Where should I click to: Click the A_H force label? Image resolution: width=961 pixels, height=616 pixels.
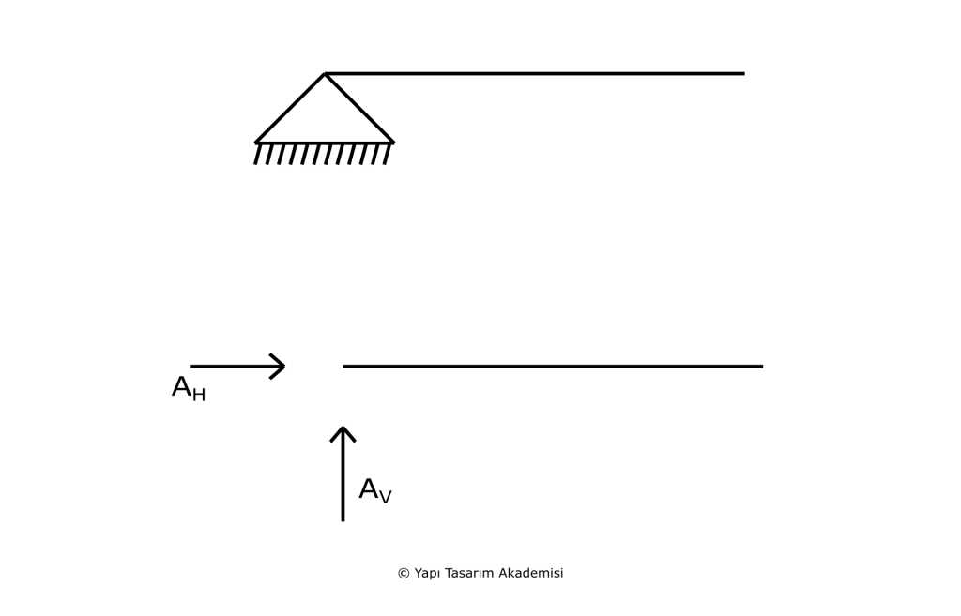pyautogui.click(x=189, y=389)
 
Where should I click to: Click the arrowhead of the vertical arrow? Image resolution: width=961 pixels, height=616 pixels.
pyautogui.click(x=343, y=428)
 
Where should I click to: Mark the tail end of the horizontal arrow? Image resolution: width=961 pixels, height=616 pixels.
pyautogui.click(x=191, y=367)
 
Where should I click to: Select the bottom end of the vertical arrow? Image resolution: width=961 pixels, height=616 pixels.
pyautogui.click(x=343, y=521)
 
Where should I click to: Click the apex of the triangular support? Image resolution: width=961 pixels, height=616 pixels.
pyautogui.click(x=324, y=74)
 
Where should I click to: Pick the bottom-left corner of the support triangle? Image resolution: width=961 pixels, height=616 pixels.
pyautogui.click(x=255, y=143)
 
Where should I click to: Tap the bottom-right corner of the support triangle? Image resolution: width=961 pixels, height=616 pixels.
pyautogui.click(x=393, y=143)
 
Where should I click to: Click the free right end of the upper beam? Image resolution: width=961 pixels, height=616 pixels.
pyautogui.click(x=744, y=73)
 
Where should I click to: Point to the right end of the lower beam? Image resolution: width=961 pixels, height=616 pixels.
pyautogui.click(x=762, y=367)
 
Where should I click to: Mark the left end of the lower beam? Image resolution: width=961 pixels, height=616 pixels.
pyautogui.click(x=343, y=367)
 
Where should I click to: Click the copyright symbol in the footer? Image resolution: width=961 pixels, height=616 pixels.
pyautogui.click(x=404, y=574)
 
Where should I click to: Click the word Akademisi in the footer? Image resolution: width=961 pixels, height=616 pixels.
pyautogui.click(x=531, y=573)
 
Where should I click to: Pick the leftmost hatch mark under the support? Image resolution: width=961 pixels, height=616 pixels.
pyautogui.click(x=258, y=154)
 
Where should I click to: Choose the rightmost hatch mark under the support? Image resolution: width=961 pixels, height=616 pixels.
pyautogui.click(x=388, y=154)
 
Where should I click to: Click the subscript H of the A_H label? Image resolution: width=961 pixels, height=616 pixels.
pyautogui.click(x=199, y=395)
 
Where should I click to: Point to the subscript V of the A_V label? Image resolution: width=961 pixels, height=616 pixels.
pyautogui.click(x=385, y=497)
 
